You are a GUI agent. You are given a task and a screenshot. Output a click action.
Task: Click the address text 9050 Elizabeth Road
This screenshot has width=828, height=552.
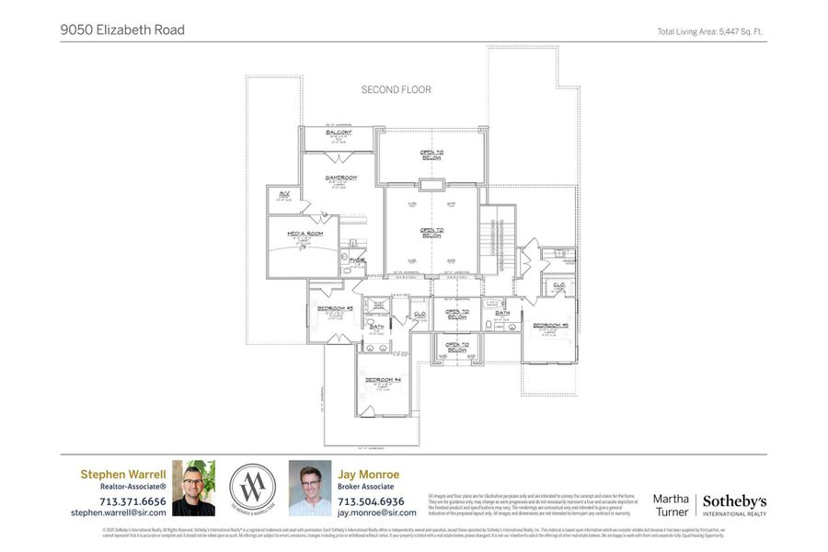(x=122, y=30)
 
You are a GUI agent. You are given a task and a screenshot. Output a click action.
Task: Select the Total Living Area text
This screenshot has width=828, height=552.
(x=709, y=31)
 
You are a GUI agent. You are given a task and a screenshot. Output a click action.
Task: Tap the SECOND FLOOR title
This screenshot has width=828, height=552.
(x=396, y=90)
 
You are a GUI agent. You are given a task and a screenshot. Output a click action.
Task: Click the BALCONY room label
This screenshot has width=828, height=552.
(x=339, y=133)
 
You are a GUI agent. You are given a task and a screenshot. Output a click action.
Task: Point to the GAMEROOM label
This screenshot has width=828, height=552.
(x=340, y=178)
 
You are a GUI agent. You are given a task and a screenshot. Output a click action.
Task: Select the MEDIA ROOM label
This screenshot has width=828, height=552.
(x=305, y=234)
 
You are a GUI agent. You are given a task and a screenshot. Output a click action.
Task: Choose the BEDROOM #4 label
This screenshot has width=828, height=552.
(x=383, y=380)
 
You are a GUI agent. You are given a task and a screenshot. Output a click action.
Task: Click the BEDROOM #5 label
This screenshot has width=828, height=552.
(x=550, y=325)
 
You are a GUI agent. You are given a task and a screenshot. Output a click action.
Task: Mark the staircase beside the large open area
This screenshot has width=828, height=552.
(x=498, y=239)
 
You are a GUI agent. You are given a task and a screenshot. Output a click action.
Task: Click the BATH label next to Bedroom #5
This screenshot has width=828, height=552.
(x=502, y=313)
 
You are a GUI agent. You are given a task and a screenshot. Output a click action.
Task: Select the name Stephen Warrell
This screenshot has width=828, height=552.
(x=123, y=475)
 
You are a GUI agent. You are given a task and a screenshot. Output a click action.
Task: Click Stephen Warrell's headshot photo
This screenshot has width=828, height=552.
(x=193, y=488)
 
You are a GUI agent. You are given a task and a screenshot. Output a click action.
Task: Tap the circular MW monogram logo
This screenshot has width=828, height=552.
(x=252, y=487)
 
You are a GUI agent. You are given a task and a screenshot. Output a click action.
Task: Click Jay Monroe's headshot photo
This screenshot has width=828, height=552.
(x=310, y=488)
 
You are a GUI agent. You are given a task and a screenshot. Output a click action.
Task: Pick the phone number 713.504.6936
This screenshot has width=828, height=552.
(x=371, y=501)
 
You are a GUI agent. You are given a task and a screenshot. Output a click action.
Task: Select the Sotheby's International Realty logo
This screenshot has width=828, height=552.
(x=734, y=503)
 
